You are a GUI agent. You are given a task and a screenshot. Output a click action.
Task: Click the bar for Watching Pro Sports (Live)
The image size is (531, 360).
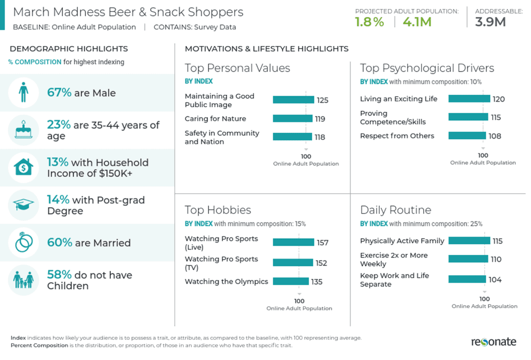pyautogui.click(x=294, y=242)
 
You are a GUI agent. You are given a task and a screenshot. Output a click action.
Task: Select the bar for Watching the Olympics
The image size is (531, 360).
pyautogui.click(x=290, y=282)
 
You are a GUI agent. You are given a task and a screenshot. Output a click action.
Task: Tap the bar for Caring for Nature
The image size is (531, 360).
pyautogui.click(x=292, y=119)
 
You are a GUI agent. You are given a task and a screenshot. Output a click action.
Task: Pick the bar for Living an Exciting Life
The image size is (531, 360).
pyautogui.click(x=469, y=99)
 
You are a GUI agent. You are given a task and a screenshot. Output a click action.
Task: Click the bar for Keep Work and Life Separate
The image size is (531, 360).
pyautogui.click(x=467, y=279)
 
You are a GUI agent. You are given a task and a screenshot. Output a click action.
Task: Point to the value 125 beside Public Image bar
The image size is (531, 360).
pyautogui.click(x=323, y=100)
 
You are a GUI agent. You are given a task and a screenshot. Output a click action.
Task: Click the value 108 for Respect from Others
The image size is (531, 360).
pyautogui.click(x=494, y=136)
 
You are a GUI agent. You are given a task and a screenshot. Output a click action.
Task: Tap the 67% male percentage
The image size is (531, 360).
pyautogui.click(x=59, y=93)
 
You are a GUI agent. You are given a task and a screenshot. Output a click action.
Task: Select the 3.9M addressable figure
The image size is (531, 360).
pyautogui.click(x=490, y=22)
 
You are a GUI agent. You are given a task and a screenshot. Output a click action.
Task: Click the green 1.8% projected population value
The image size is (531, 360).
pyautogui.click(x=369, y=22)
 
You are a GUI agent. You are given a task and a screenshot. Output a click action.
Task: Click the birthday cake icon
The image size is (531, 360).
pyautogui.click(x=24, y=130)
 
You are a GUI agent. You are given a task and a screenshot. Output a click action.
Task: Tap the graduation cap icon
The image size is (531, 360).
pyautogui.click(x=24, y=205)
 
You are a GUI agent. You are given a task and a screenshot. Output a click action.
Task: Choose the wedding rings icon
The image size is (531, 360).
pyautogui.click(x=24, y=242)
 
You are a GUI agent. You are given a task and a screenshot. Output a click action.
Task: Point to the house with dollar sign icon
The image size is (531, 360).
pyautogui.click(x=24, y=167)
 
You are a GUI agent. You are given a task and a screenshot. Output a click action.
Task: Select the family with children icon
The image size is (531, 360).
pyautogui.click(x=24, y=280)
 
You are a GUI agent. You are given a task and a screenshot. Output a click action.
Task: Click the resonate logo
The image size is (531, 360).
pyautogui.click(x=493, y=342)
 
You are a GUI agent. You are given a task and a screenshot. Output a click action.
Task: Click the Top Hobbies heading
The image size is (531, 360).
pyautogui.click(x=218, y=210)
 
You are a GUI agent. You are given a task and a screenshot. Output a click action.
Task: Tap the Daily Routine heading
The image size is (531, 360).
pyautogui.click(x=396, y=210)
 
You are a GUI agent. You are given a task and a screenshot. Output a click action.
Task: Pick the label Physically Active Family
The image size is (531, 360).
pyautogui.click(x=402, y=241)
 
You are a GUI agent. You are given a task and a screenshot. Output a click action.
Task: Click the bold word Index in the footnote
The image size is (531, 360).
pyautogui.click(x=18, y=338)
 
